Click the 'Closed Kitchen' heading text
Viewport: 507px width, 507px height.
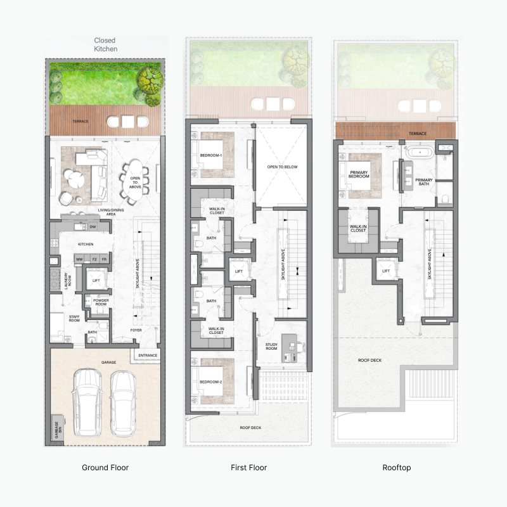point(105,44)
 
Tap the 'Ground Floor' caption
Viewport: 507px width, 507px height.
point(105,468)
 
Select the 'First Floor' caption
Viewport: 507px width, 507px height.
point(248,468)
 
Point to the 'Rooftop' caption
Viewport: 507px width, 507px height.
point(397,468)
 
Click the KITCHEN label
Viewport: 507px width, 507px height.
point(86,243)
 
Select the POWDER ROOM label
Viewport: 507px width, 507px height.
point(101,302)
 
